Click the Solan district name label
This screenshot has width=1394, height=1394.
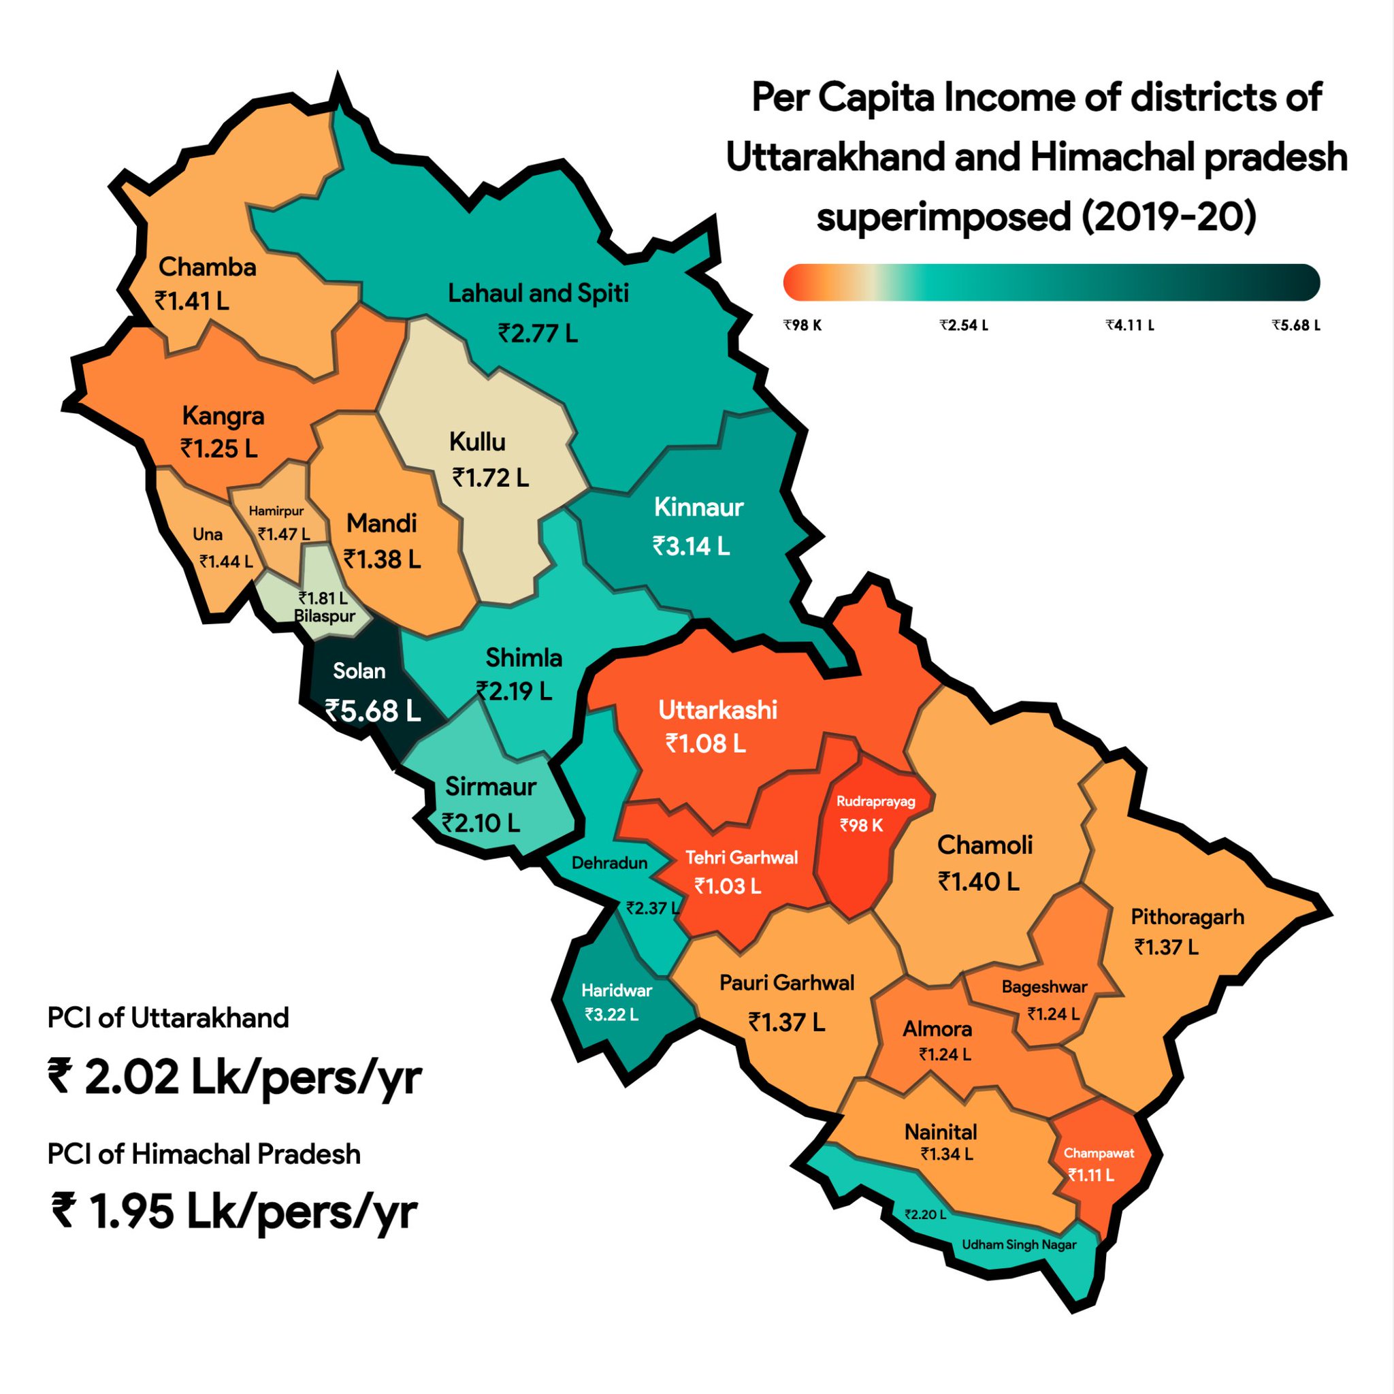pyautogui.click(x=359, y=672)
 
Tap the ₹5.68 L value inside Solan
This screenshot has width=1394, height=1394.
pyautogui.click(x=372, y=711)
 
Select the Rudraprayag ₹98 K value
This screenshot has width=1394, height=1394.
pyautogui.click(x=861, y=826)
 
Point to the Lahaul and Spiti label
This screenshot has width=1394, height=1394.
pyautogui.click(x=538, y=293)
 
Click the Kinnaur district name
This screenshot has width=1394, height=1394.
pyautogui.click(x=698, y=507)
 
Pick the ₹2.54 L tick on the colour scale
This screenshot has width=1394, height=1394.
pyautogui.click(x=963, y=325)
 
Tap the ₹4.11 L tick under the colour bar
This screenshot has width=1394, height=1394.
pyautogui.click(x=1129, y=325)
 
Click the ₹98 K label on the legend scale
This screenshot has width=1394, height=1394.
pyautogui.click(x=803, y=325)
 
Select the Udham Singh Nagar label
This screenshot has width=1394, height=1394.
pyautogui.click(x=1018, y=1245)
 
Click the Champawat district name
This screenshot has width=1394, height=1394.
pyautogui.click(x=1098, y=1153)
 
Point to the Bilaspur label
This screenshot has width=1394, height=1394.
pyautogui.click(x=325, y=616)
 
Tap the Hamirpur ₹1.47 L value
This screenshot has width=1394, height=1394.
pyautogui.click(x=284, y=534)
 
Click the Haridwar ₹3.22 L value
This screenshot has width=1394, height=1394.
pyautogui.click(x=611, y=1014)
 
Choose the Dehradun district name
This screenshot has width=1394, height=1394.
pyautogui.click(x=609, y=863)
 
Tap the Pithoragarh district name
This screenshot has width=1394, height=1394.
pyautogui.click(x=1187, y=917)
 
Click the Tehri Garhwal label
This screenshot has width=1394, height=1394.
pyautogui.click(x=741, y=857)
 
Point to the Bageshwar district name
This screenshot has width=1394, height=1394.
pyautogui.click(x=1043, y=987)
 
